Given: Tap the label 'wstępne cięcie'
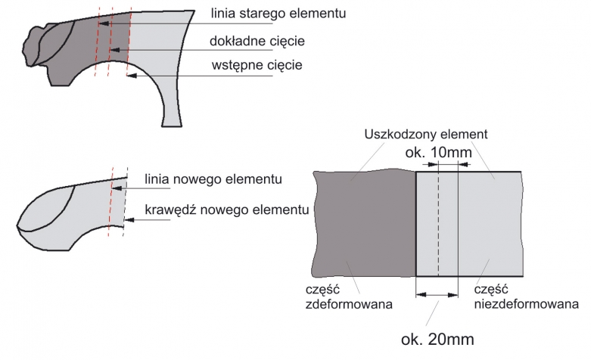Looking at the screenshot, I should (257, 65).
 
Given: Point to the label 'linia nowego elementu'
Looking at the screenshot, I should (213, 180).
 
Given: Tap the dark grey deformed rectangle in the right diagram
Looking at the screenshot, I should (363, 224).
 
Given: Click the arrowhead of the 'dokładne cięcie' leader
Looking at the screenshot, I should (113, 51).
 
